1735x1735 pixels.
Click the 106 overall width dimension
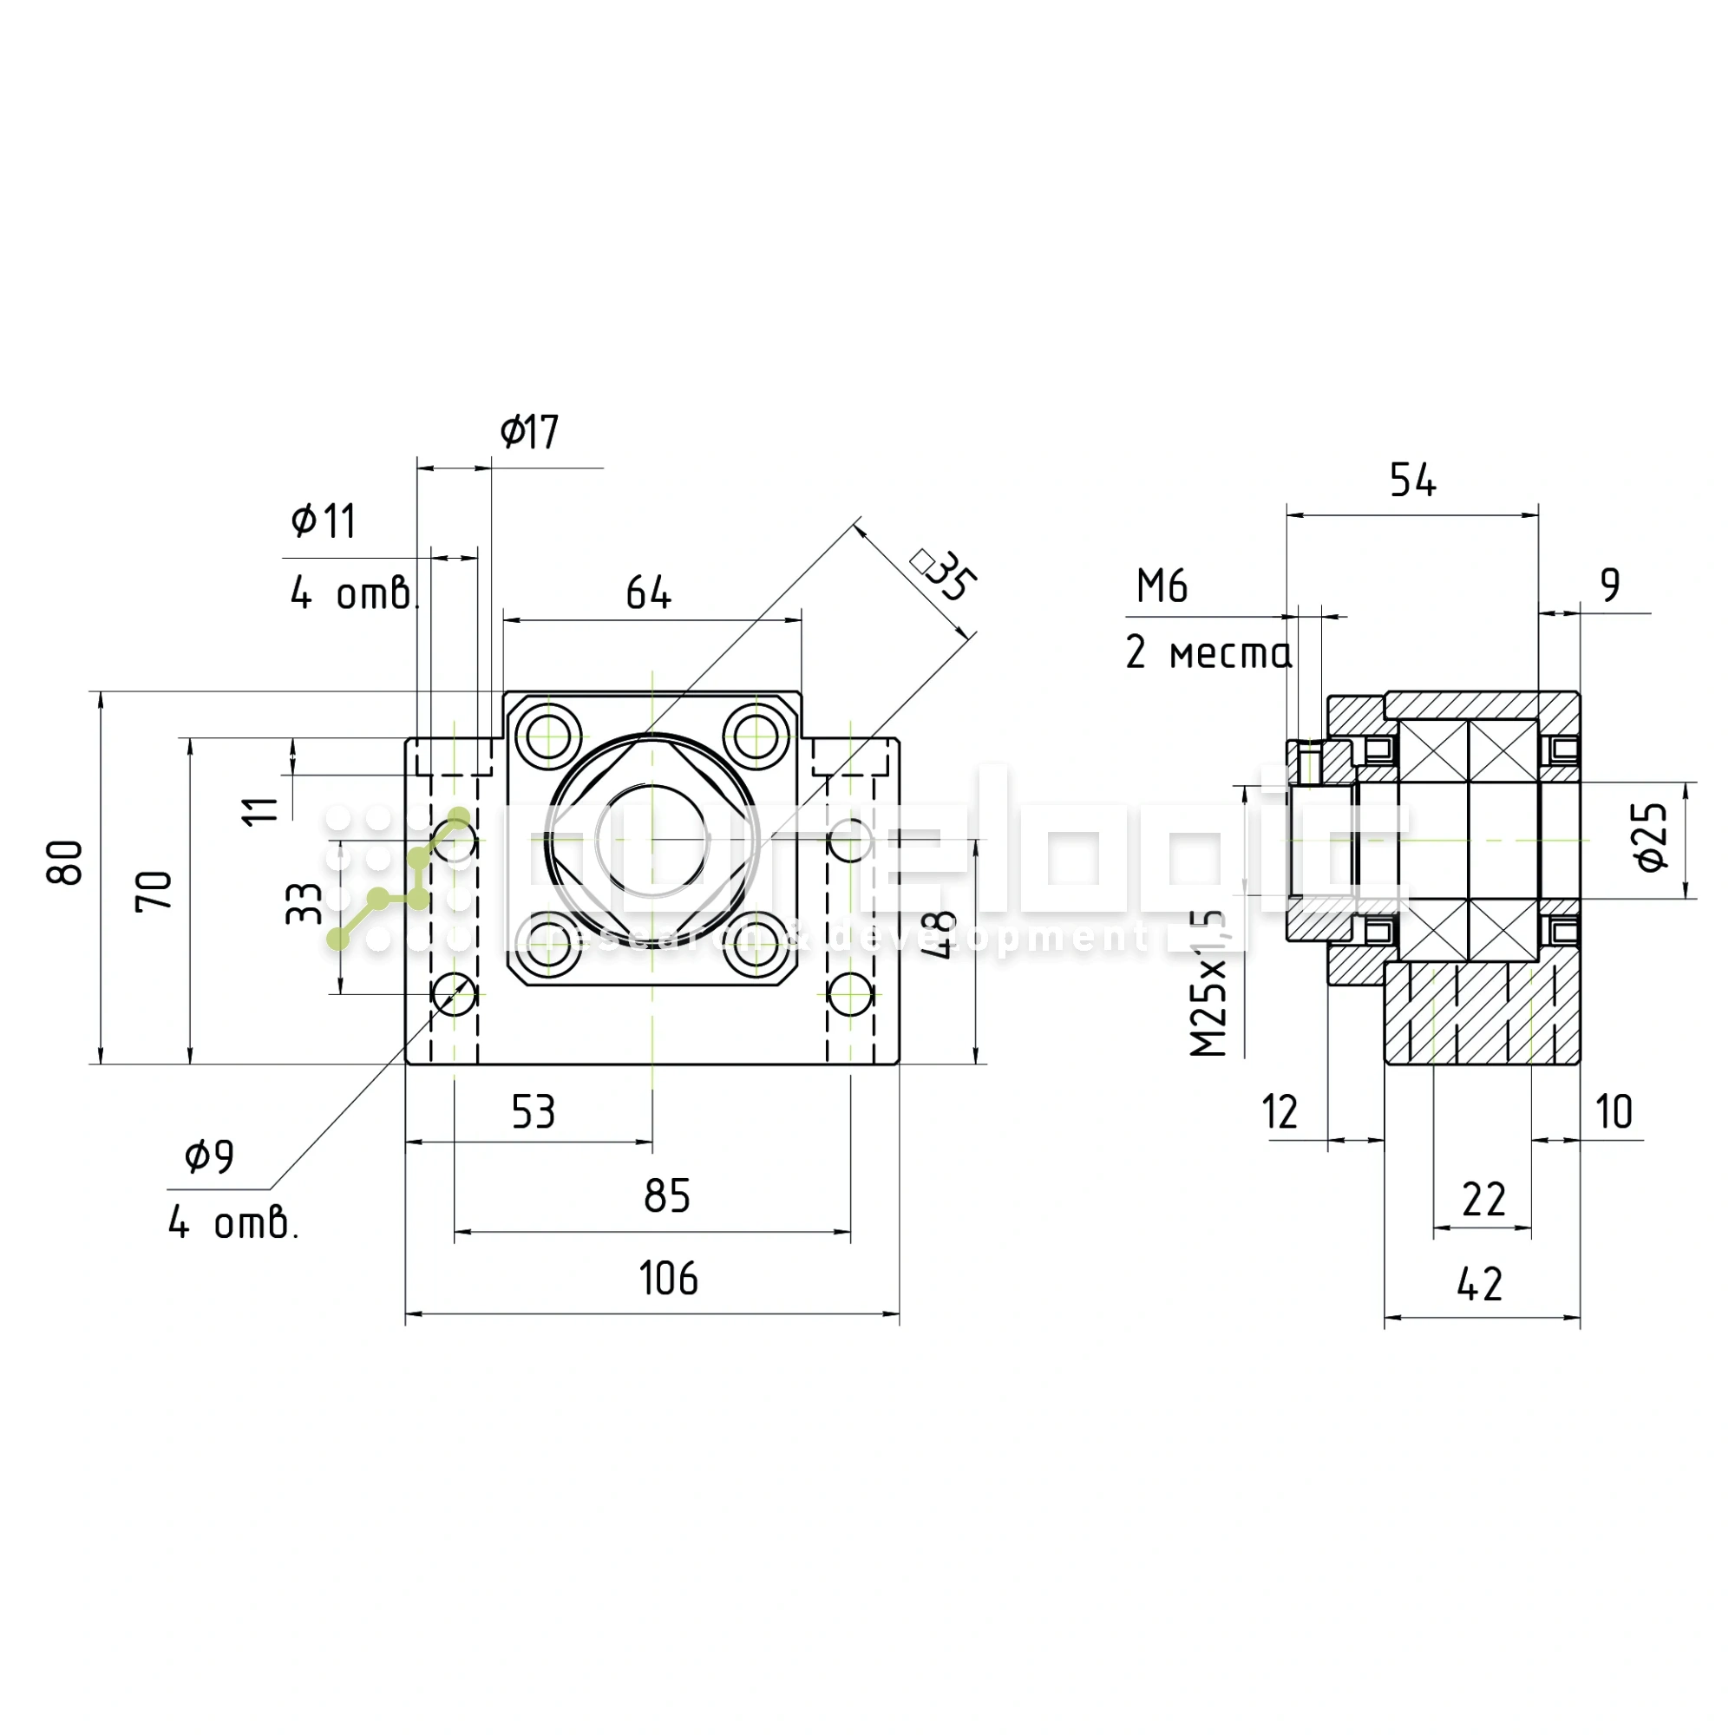(x=668, y=1278)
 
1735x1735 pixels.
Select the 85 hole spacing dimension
(x=666, y=1195)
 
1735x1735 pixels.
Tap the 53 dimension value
(x=534, y=1112)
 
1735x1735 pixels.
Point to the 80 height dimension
(x=66, y=863)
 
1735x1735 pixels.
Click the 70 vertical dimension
(x=154, y=890)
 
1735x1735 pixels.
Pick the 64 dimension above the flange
(x=647, y=593)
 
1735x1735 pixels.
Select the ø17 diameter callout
(x=529, y=432)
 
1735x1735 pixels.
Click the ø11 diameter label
(x=324, y=520)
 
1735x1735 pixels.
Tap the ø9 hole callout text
(x=209, y=1156)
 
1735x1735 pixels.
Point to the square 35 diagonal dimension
(x=946, y=576)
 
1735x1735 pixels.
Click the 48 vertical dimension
(x=940, y=934)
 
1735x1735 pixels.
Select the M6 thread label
(x=1162, y=586)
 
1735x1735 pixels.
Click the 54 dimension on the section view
(x=1411, y=480)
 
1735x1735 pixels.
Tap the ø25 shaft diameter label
(x=1652, y=836)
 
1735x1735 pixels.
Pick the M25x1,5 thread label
(x=1208, y=984)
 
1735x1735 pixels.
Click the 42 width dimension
(x=1479, y=1284)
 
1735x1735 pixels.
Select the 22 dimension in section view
(x=1483, y=1200)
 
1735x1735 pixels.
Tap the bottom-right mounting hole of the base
(x=849, y=994)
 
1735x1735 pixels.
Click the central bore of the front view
(x=652, y=840)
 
